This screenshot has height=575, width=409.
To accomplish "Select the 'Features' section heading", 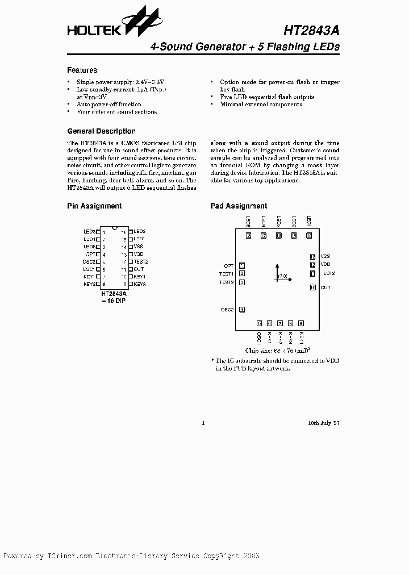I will click(x=82, y=70).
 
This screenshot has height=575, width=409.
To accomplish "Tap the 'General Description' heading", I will click(x=101, y=131).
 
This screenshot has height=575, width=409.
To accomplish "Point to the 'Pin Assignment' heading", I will click(x=94, y=206).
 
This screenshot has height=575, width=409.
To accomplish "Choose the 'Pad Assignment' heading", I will click(x=238, y=206).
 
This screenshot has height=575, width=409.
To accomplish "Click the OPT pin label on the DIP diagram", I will click(x=89, y=254).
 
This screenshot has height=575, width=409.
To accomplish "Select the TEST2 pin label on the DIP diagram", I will click(x=141, y=261).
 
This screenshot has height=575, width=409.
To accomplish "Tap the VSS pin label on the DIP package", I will click(x=139, y=247).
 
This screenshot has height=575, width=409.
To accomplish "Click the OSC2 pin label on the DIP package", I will click(x=88, y=261).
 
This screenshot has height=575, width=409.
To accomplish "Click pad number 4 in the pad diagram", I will click(x=242, y=309).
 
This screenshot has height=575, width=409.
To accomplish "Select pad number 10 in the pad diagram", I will click(x=312, y=287).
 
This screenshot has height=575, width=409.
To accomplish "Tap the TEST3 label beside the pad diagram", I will click(x=227, y=282).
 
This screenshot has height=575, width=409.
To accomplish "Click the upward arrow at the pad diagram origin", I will click(x=277, y=266).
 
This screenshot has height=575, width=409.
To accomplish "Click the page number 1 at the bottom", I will click(x=203, y=423).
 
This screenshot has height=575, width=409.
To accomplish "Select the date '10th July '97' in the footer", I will click(x=323, y=423).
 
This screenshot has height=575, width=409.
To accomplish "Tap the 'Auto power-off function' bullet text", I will click(x=109, y=105).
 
